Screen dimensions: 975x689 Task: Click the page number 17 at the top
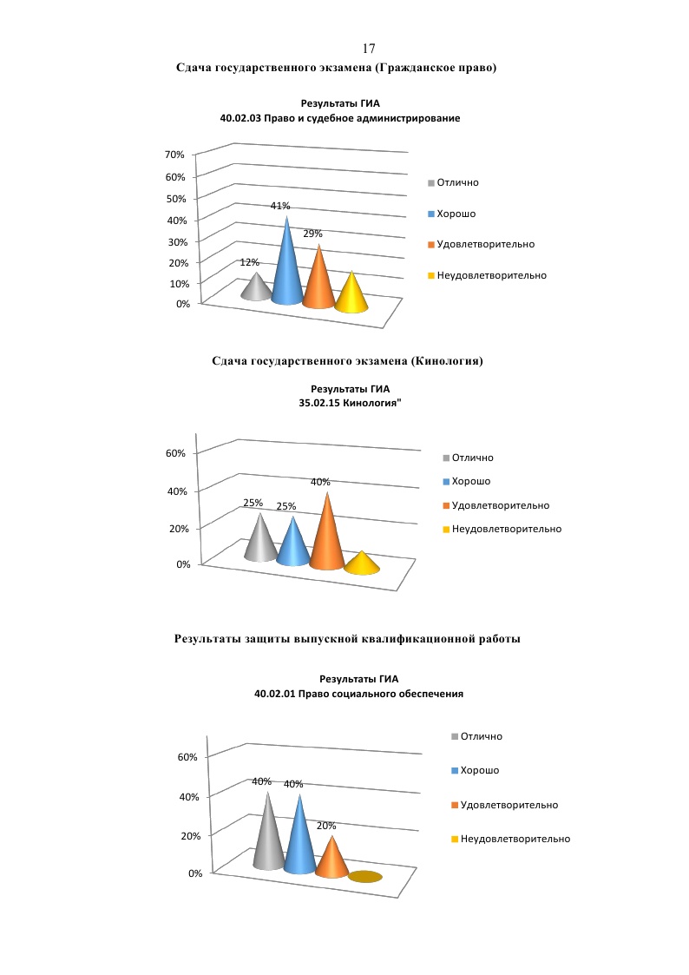point(368,49)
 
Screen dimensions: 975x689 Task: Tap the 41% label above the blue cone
point(279,206)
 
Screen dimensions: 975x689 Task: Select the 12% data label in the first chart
point(250,262)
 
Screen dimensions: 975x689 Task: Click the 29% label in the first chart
point(312,234)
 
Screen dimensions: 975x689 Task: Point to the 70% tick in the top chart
point(175,155)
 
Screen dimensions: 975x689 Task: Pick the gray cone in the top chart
point(256,287)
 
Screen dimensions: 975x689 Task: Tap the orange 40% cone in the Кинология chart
point(326,538)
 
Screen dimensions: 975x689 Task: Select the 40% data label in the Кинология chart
point(320,482)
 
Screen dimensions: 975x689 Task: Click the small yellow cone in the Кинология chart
point(362,563)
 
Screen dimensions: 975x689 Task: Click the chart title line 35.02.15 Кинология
point(351,404)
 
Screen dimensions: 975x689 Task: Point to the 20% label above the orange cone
point(325,826)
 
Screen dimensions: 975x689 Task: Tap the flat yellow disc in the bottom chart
point(365,877)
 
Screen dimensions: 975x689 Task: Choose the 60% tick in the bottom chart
point(187,756)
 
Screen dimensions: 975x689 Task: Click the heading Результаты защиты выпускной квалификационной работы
point(347,639)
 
